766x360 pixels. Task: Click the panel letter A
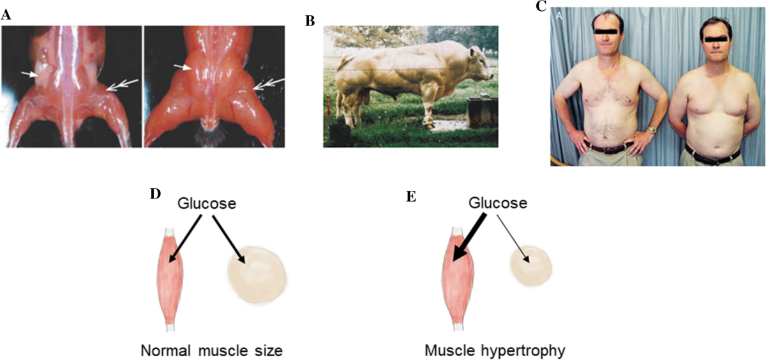point(6,15)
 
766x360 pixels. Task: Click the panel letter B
point(310,20)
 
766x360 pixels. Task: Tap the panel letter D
point(154,193)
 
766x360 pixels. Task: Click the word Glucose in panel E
point(497,204)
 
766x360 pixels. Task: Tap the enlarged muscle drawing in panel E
point(456,277)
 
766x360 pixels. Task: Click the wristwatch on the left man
point(651,130)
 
